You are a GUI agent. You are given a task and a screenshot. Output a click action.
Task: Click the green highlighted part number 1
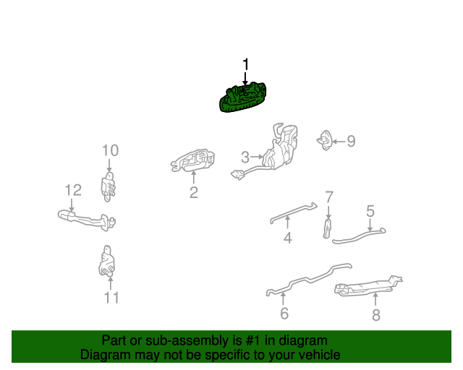[x=243, y=98]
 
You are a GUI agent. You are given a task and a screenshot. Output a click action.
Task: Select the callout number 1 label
[x=245, y=64]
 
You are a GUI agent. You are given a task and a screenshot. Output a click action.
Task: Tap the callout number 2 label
[x=194, y=192]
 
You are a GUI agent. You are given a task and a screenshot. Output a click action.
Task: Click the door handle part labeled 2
[x=193, y=161]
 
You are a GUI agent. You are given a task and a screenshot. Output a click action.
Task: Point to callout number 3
[x=245, y=158]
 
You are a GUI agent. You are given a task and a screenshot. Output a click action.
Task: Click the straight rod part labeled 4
[x=294, y=213]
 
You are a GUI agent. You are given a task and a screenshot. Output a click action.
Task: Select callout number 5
[x=370, y=211]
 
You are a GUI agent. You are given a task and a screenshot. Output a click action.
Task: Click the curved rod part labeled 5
[x=359, y=236]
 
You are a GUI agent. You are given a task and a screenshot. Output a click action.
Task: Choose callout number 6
[x=284, y=314]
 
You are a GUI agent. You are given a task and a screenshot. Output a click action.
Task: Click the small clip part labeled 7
[x=327, y=228]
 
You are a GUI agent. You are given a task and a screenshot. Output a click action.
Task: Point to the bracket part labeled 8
[x=368, y=286]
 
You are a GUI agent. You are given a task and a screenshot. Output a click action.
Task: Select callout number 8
[x=376, y=315]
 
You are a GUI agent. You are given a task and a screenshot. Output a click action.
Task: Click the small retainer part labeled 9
[x=325, y=140]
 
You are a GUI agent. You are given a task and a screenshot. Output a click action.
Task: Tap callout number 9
[x=351, y=141]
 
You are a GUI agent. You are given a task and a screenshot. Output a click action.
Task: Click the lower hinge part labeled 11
[x=107, y=261]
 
